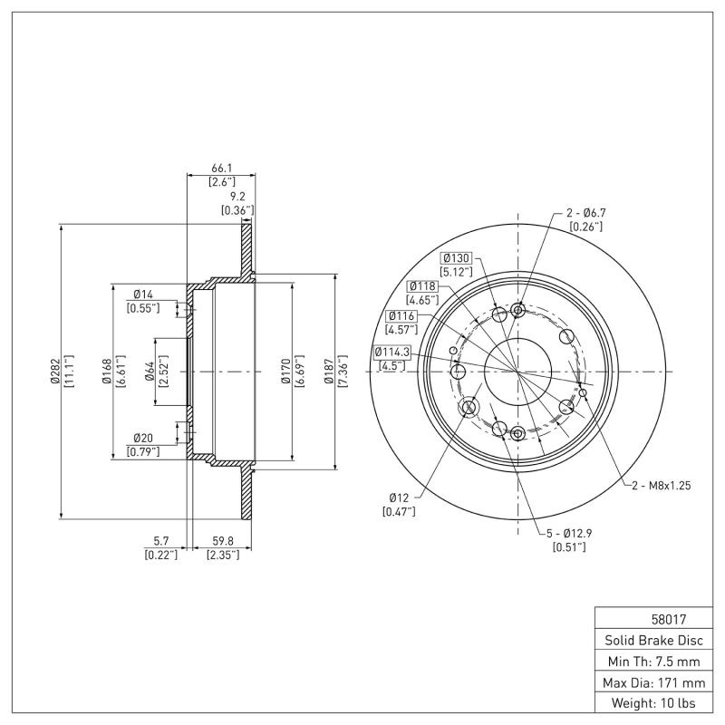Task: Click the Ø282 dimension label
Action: (x=54, y=372)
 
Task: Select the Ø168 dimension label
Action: (x=106, y=372)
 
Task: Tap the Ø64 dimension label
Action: (x=150, y=372)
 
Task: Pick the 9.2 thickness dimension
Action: (x=237, y=196)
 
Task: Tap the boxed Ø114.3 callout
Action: (x=391, y=352)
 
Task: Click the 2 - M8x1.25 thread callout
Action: (x=662, y=486)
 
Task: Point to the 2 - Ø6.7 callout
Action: (x=585, y=213)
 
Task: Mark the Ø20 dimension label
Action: (x=142, y=438)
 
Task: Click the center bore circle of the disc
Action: (x=517, y=372)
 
